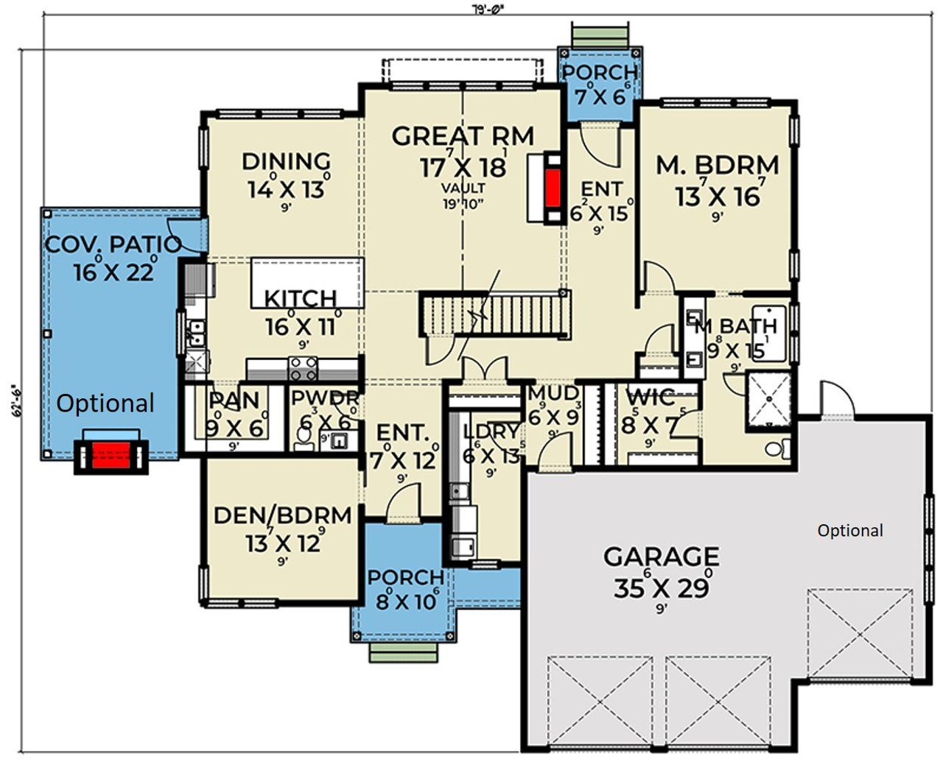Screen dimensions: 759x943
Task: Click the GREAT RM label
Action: click(x=463, y=136)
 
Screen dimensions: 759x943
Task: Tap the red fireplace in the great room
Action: click(x=553, y=188)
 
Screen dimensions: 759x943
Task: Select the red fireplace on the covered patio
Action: click(x=111, y=456)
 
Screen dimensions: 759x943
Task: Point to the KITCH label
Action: click(x=301, y=298)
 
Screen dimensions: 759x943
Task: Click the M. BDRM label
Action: click(x=718, y=165)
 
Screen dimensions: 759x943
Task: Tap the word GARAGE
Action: click(x=661, y=557)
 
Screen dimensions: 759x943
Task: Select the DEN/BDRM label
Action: click(x=282, y=515)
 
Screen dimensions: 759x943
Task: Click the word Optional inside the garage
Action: click(x=850, y=531)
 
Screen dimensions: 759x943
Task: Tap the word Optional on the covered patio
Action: click(x=105, y=403)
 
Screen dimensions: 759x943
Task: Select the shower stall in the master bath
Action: click(x=769, y=399)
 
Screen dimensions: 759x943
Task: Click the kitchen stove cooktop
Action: click(x=303, y=367)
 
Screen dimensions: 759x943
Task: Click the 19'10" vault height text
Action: click(x=463, y=204)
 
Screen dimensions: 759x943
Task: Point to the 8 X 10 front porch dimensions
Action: click(x=407, y=602)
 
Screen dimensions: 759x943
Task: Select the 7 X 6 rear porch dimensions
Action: click(x=600, y=96)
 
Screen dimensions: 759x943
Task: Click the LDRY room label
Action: click(x=491, y=432)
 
